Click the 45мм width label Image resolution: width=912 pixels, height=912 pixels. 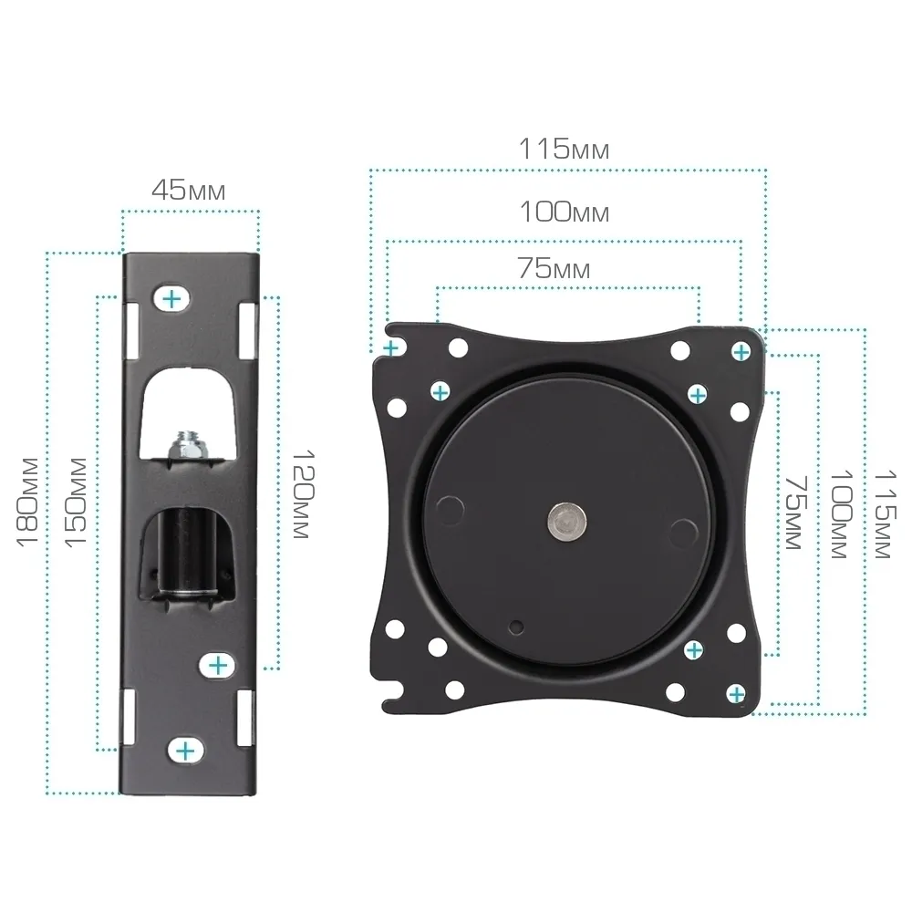[189, 190]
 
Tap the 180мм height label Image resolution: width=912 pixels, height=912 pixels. [28, 503]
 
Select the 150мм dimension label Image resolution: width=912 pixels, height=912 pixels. [76, 503]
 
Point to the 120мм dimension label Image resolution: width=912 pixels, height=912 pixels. [303, 493]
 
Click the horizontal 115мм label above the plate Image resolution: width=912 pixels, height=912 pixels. [564, 149]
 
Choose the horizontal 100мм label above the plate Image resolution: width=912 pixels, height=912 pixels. [564, 212]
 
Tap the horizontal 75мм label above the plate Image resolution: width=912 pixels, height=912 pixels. [554, 268]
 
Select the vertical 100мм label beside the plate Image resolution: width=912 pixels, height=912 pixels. [841, 514]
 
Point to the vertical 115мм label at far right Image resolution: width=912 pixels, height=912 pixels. [886, 514]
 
